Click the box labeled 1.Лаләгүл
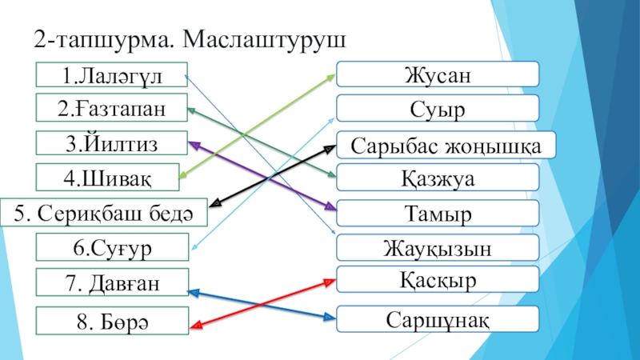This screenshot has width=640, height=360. click(x=111, y=74)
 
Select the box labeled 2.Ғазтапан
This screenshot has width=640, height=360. click(x=111, y=108)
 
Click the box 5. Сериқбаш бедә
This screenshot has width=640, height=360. click(x=104, y=213)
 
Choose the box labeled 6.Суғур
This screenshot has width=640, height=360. click(x=111, y=247)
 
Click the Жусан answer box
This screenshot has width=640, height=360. click(x=436, y=74)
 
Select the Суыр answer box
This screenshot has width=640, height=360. click(x=436, y=108)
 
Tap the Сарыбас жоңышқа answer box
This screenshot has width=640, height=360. click(x=445, y=145)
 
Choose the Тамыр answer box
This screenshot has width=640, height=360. click(x=436, y=214)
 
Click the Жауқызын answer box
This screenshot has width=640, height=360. click(x=436, y=248)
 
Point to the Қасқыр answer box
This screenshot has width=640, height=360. click(x=436, y=282)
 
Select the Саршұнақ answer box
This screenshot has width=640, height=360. click(x=436, y=319)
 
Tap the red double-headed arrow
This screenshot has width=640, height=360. click(x=260, y=302)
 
